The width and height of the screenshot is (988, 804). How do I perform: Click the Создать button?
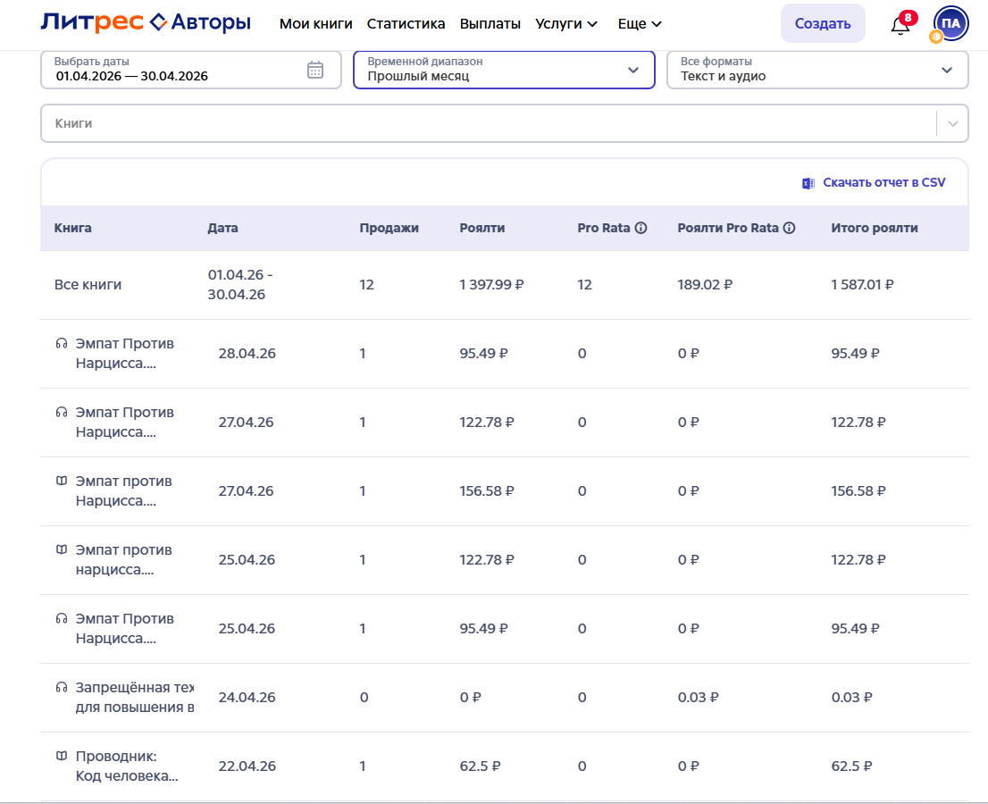(822, 23)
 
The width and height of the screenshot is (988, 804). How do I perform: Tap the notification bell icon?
(900, 25)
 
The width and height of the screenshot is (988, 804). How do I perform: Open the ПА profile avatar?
(950, 23)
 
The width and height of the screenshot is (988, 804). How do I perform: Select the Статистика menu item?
(406, 23)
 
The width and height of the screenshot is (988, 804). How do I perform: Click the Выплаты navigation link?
(490, 23)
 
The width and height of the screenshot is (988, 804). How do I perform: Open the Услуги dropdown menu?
(565, 23)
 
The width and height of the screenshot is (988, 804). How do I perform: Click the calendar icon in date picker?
(315, 70)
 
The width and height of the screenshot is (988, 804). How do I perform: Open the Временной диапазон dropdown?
(504, 70)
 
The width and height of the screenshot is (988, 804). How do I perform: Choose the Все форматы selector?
(817, 70)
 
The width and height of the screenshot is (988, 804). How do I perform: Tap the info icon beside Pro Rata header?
(641, 228)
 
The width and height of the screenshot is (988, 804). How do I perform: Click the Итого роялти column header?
(874, 228)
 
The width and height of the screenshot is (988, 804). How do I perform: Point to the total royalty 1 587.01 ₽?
(862, 285)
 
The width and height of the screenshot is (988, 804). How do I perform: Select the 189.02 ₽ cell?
(705, 285)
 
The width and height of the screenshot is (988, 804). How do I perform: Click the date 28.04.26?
(247, 354)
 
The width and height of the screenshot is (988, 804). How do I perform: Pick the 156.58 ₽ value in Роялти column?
(487, 490)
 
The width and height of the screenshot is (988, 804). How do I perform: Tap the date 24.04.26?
(247, 698)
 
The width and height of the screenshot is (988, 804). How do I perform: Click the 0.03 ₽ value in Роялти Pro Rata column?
(698, 698)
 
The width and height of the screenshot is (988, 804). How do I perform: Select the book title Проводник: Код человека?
(126, 766)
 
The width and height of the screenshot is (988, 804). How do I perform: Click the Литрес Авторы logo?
(146, 22)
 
